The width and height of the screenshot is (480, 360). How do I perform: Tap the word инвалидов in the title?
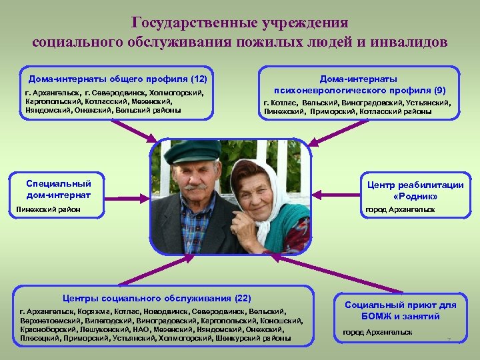[x=411, y=42]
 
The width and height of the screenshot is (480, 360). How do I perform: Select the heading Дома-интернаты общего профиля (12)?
[x=117, y=77]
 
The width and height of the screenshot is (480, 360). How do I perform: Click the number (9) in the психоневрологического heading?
[x=439, y=89]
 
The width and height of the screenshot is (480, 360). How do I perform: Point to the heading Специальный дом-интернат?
[x=58, y=189]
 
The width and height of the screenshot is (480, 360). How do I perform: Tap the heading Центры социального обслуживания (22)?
[x=157, y=297]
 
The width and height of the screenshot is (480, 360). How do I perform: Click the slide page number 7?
[x=449, y=341]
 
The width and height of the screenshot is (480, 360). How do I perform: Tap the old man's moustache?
[x=197, y=186]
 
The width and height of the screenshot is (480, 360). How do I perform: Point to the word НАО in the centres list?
[x=143, y=329]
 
